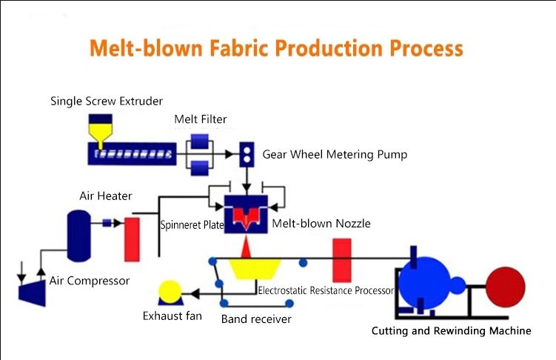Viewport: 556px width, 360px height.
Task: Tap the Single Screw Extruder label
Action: point(107,101)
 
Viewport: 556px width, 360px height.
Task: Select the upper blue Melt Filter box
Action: point(200,141)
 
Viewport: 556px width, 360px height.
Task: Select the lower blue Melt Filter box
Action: point(200,167)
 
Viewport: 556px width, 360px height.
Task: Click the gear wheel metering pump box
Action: point(247,155)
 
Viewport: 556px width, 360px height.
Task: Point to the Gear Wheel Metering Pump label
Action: point(335,155)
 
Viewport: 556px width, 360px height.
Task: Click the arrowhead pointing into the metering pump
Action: point(230,154)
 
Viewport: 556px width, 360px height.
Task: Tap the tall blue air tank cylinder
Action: point(78,236)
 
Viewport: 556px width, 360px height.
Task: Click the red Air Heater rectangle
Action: point(132,239)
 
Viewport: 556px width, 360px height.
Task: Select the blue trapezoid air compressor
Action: point(33,292)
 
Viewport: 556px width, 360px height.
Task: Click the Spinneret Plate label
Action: point(192,225)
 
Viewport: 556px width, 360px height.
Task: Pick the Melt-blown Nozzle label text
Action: point(321,224)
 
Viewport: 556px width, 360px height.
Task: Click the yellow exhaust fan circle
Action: point(170,292)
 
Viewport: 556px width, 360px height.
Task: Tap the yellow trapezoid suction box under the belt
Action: point(255,269)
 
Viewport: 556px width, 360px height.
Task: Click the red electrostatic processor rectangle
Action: point(342,260)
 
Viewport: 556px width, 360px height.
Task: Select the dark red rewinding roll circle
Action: point(506,287)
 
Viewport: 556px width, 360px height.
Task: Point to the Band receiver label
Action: point(256,319)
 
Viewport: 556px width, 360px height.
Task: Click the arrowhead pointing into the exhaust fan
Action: point(195,293)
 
